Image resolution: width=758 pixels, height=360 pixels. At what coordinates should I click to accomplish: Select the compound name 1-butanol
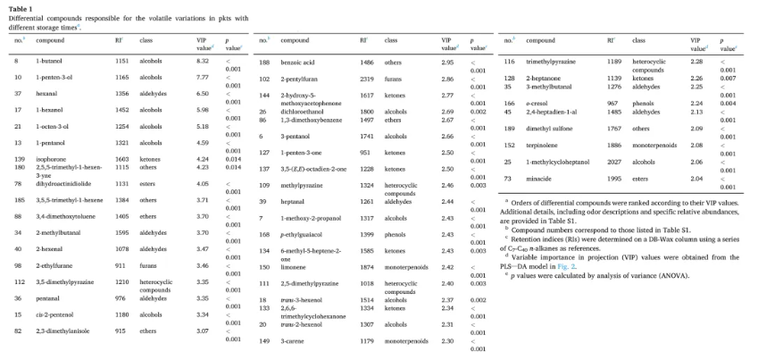(x=48, y=61)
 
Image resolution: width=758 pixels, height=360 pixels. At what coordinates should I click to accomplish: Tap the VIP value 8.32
(x=203, y=61)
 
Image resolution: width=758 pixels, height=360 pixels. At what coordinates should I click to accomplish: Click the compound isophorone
(x=50, y=157)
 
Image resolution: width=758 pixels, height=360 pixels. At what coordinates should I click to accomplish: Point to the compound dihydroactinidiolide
(x=62, y=183)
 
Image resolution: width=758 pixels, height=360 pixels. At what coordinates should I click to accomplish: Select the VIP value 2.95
(x=447, y=62)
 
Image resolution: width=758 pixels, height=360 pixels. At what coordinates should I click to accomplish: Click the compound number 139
(x=18, y=157)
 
